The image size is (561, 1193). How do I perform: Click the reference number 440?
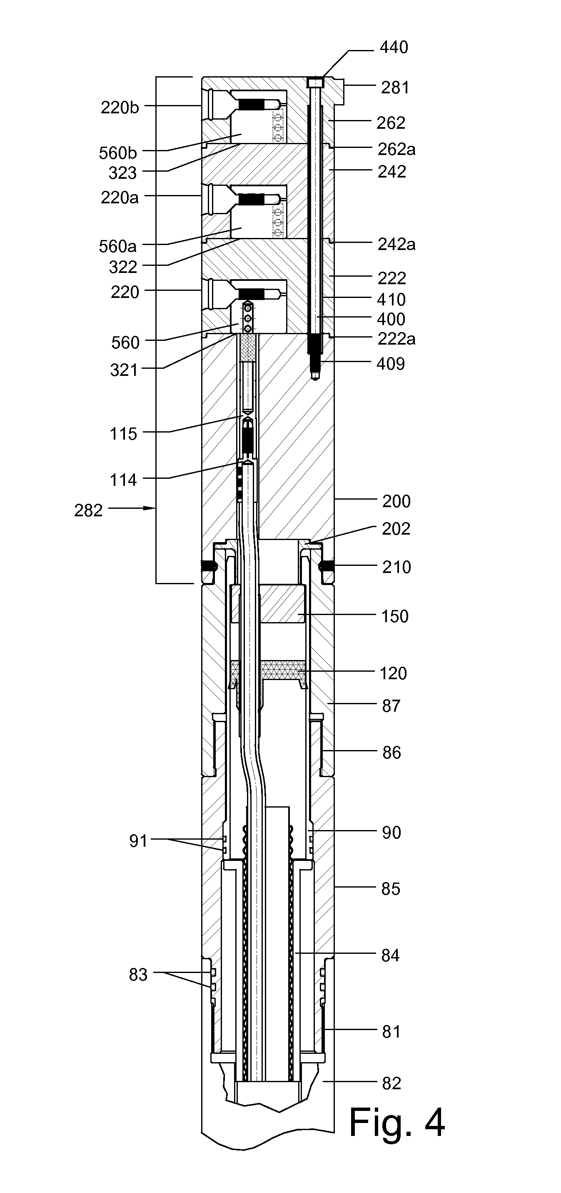pyautogui.click(x=394, y=47)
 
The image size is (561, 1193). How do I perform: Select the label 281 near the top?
pyautogui.click(x=395, y=88)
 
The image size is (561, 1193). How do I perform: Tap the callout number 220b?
pyautogui.click(x=120, y=108)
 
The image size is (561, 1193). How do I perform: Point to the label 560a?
pyautogui.click(x=117, y=246)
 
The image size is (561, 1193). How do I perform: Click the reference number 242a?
pyautogui.click(x=396, y=245)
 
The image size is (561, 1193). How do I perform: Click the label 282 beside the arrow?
pyautogui.click(x=88, y=511)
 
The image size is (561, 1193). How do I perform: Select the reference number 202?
pyautogui.click(x=396, y=529)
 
